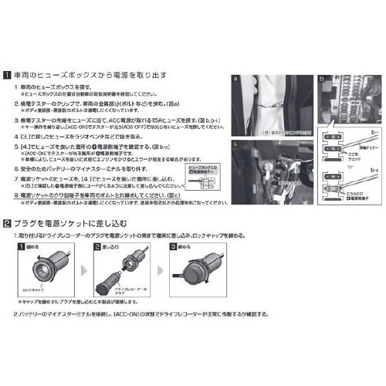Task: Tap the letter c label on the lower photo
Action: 235,143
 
